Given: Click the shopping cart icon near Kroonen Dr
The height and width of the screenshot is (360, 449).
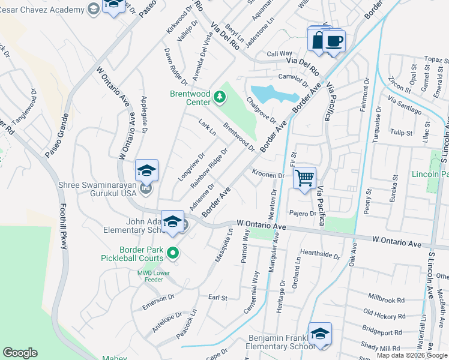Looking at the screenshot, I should click(304, 178).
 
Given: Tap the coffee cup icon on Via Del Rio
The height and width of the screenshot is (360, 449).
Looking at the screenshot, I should click(333, 41).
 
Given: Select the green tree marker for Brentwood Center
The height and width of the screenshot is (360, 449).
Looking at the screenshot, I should click(220, 96).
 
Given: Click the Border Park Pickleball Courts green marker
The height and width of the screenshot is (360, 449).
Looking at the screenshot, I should click(173, 253).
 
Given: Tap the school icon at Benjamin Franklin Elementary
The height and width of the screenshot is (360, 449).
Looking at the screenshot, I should click(320, 334).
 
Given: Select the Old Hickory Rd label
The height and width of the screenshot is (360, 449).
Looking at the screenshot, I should click(384, 314).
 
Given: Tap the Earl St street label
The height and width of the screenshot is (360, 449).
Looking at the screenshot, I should click(217, 297).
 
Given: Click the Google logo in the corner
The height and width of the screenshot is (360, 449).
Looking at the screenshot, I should click(20, 353).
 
